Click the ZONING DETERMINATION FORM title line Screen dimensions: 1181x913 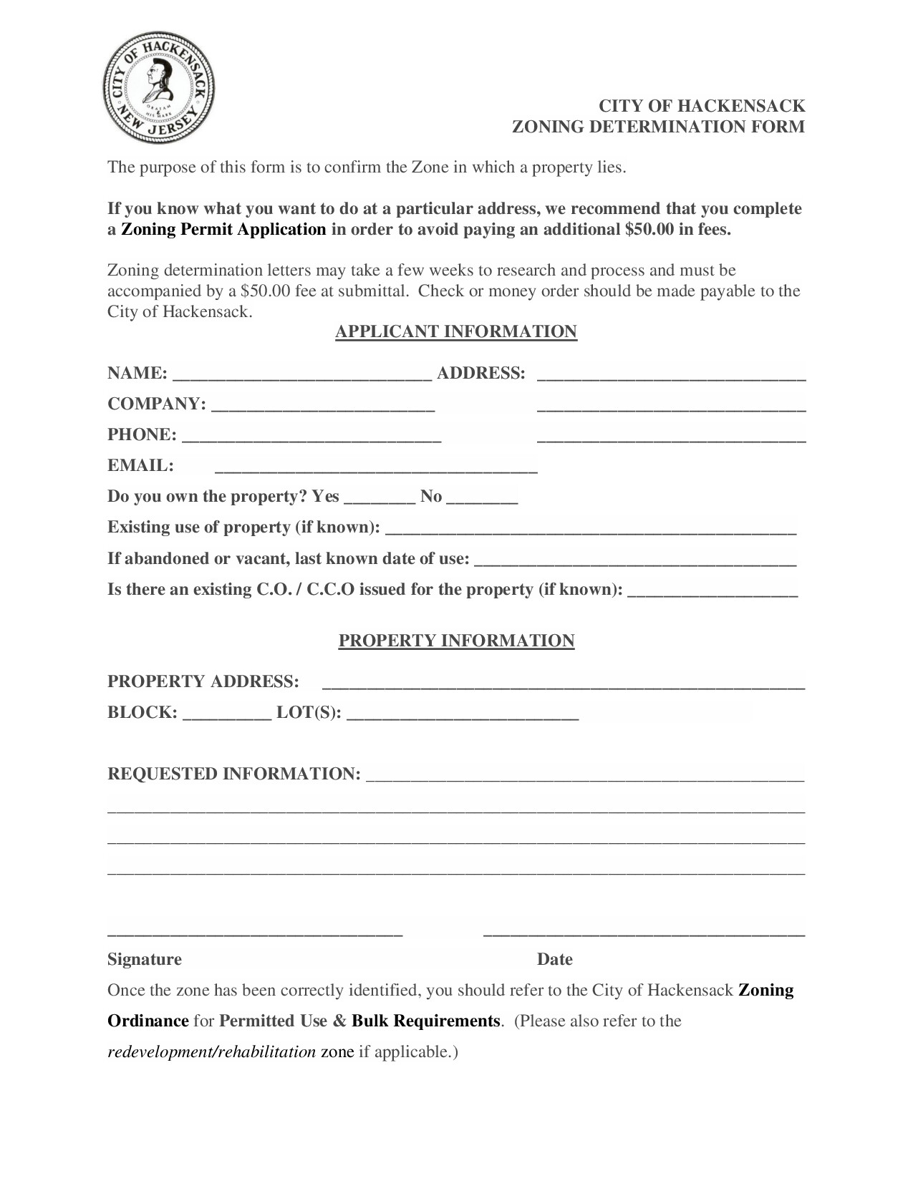[658, 127]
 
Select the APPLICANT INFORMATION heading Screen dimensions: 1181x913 [456, 332]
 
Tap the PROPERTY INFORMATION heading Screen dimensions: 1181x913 [456, 641]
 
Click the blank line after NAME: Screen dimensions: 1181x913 [302, 374]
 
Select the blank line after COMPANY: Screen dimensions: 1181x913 [323, 405]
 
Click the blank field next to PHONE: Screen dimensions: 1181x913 [311, 436]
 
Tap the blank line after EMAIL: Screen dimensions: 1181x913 [376, 467]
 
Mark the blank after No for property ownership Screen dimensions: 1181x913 [482, 497]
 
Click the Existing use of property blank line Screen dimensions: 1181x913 [591, 528]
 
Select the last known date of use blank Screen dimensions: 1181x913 [635, 559]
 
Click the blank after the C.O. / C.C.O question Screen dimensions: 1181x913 [712, 590]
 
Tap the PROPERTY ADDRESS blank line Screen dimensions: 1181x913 [564, 682]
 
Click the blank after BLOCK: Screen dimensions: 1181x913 [227, 713]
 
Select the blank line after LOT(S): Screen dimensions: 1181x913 [462, 713]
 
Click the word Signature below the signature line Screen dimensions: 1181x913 [145, 959]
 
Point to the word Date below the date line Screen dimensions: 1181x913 [555, 959]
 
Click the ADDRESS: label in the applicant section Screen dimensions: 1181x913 [481, 374]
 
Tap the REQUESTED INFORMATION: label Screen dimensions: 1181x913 [234, 774]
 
